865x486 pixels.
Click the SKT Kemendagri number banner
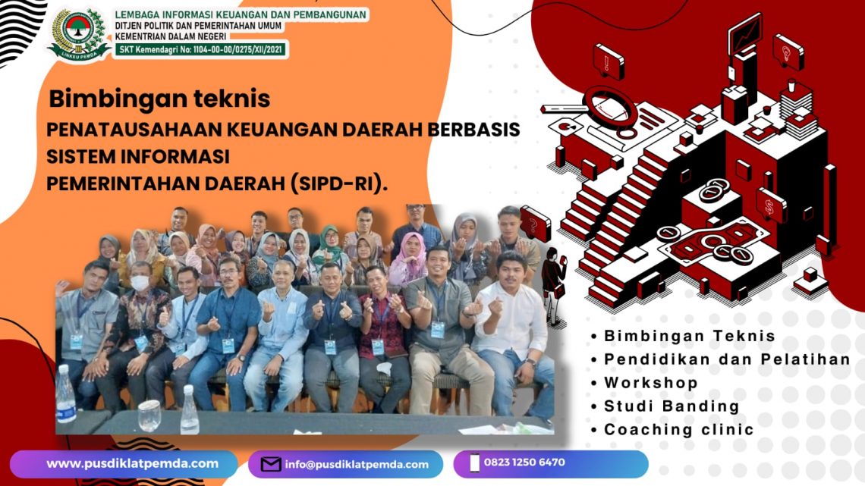pyautogui.click(x=201, y=50)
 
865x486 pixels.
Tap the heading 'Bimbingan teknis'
pyautogui.click(x=159, y=99)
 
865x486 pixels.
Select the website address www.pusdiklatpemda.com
pyautogui.click(x=132, y=463)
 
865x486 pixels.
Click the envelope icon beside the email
pyautogui.click(x=271, y=464)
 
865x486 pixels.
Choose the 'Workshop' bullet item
pyautogui.click(x=650, y=383)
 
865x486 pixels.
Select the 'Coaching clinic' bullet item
pyautogui.click(x=678, y=429)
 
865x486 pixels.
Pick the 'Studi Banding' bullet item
pyautogui.click(x=671, y=406)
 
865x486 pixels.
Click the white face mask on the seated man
pyautogui.click(x=140, y=283)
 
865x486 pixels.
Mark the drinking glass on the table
pyautogui.click(x=149, y=414)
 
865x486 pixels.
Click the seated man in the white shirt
pyautogui.click(x=509, y=326)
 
